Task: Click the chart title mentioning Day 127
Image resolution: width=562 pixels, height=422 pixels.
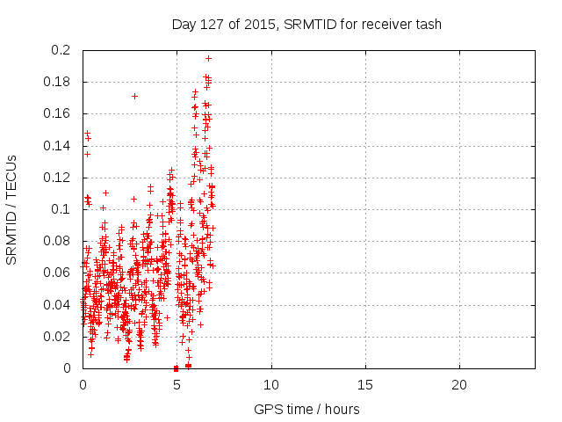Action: [306, 24]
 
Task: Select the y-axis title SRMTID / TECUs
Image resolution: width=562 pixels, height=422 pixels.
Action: [11, 208]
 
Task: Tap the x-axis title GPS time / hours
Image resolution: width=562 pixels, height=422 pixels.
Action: [306, 409]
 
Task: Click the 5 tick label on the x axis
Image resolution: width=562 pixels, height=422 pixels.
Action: [177, 385]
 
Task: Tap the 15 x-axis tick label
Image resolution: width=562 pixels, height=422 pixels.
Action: [364, 385]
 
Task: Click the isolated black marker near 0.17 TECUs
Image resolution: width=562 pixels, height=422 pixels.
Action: [134, 96]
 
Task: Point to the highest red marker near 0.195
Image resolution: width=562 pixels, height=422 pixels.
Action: [208, 58]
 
